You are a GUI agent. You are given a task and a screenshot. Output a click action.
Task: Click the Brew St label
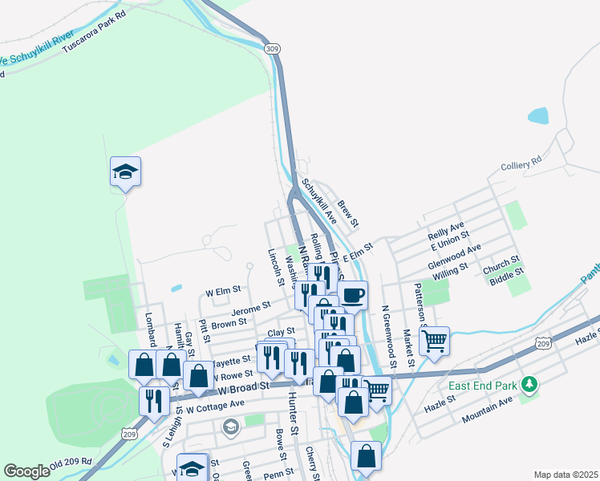[347, 212]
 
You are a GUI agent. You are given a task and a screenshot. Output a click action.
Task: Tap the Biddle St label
[507, 273]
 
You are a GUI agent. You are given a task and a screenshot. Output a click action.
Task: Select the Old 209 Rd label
[71, 464]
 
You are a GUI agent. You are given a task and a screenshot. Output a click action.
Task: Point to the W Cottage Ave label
[214, 406]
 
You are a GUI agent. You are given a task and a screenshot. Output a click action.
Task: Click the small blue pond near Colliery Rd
[538, 115]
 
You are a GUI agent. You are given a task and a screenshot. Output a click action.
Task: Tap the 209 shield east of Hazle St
[544, 343]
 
